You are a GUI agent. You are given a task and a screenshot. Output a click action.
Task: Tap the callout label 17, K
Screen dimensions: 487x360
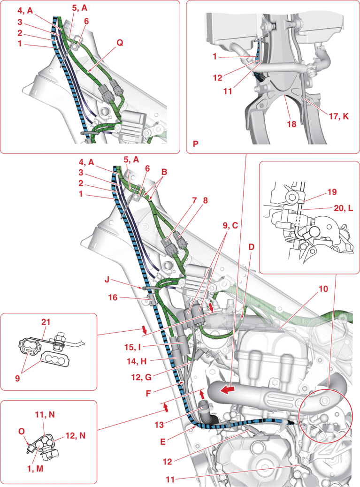(338, 115)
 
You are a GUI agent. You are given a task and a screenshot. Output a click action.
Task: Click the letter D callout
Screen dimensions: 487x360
(251, 246)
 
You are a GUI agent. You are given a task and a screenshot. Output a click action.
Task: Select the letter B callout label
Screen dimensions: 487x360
(163, 172)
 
